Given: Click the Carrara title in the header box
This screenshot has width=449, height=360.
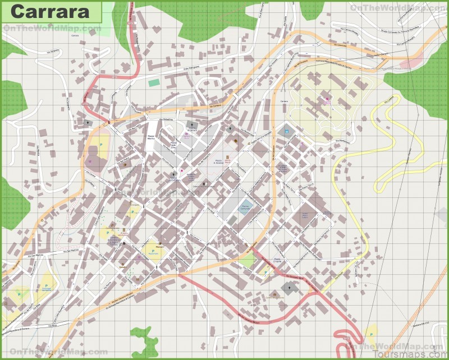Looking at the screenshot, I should point(51,11).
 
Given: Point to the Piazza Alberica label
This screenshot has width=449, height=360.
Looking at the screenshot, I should point(150,139).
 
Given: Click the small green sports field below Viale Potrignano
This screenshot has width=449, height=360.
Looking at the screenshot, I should point(154,83).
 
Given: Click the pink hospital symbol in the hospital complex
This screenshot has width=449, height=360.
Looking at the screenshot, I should point(327,101).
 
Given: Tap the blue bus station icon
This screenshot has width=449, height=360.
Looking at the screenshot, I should point(286,132).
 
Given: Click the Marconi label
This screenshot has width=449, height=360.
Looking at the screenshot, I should point(145,246).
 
